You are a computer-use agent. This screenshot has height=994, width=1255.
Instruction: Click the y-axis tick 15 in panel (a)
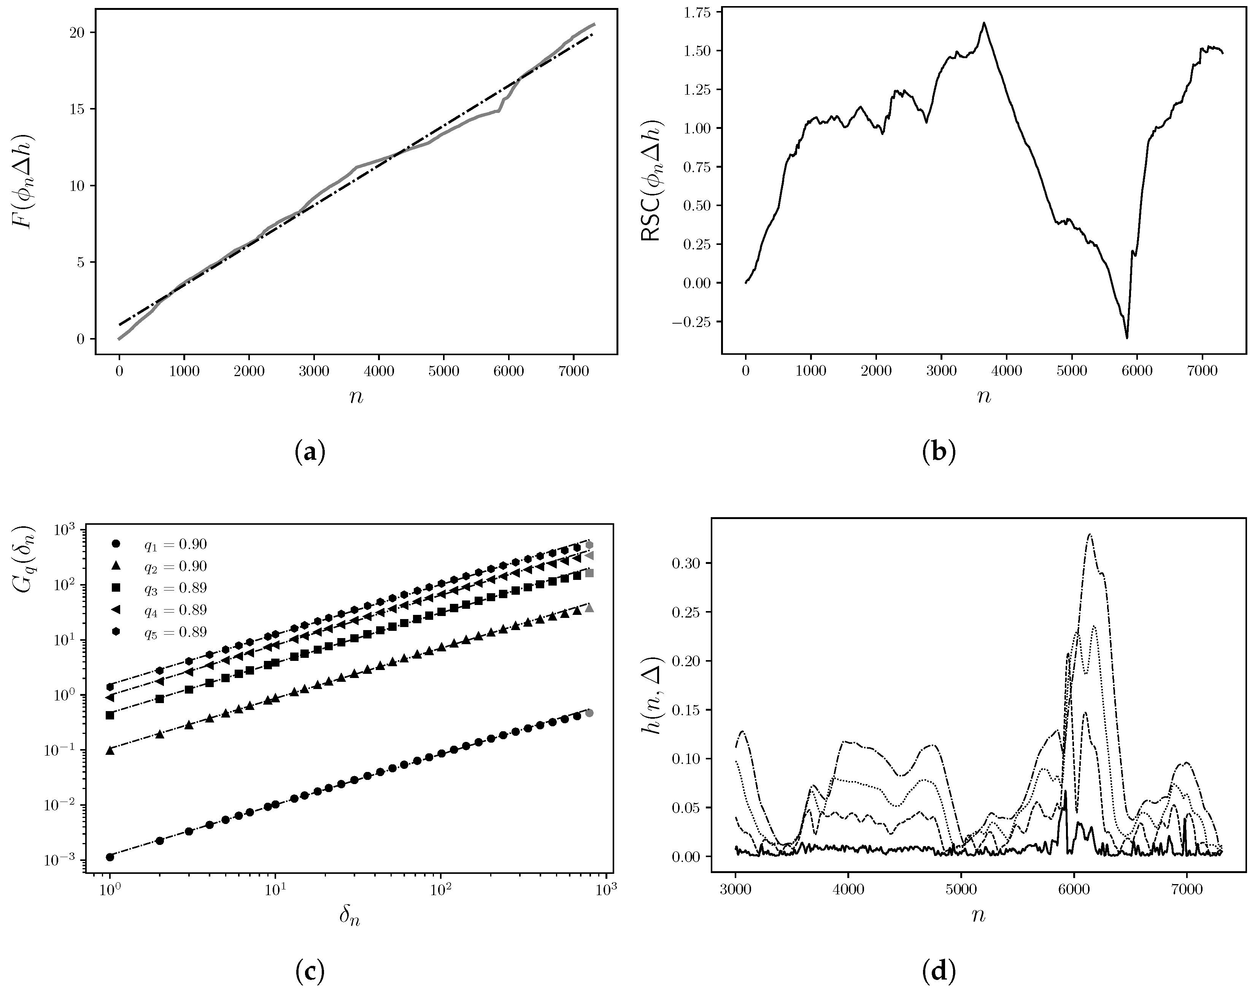click(x=80, y=109)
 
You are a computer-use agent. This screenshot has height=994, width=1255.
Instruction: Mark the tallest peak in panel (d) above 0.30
click(x=1090, y=534)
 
